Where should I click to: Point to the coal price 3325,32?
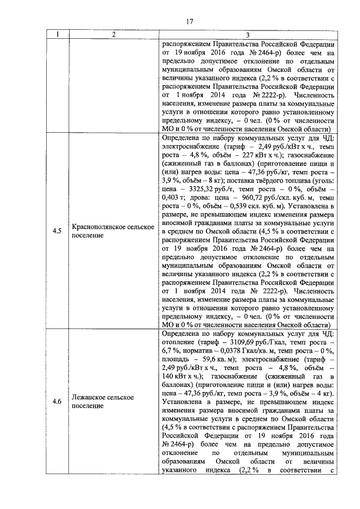[200, 190]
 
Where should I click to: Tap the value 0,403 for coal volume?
[172, 199]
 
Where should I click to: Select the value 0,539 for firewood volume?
[223, 208]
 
